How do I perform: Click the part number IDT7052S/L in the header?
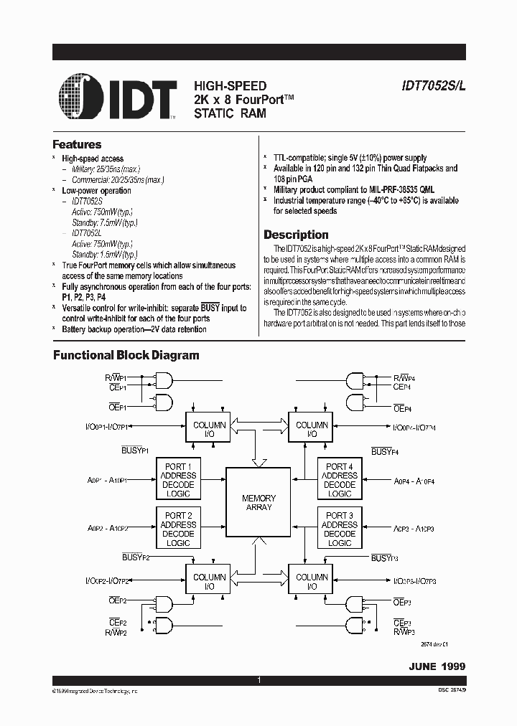pos(433,85)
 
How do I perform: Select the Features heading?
pos(77,144)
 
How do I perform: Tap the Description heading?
pos(296,235)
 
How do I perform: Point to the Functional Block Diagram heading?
pos(126,355)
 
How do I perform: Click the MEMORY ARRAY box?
pos(258,502)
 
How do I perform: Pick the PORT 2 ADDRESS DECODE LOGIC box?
pos(178,529)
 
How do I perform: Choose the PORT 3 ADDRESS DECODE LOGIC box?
pos(339,529)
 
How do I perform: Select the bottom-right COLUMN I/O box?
pos(311,582)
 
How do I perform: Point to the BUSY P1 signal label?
pos(134,450)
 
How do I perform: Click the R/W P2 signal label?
pos(115,632)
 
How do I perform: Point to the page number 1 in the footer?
pos(258,679)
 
